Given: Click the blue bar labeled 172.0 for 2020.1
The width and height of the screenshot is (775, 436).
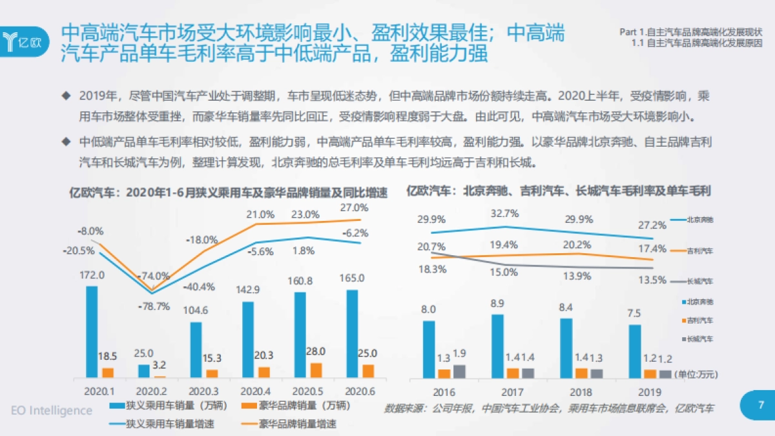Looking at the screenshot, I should coord(92,331).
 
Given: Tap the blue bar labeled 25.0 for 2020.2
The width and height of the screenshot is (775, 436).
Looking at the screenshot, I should coord(143,371).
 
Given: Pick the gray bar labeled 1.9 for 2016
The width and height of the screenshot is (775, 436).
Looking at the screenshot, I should coord(459,371).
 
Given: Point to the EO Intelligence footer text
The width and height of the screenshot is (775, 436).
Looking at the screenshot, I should coord(52,410).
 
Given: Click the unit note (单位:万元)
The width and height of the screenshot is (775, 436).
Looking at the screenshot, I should coord(696,374).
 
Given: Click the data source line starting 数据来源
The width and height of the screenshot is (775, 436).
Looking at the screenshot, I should coord(549,408).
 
